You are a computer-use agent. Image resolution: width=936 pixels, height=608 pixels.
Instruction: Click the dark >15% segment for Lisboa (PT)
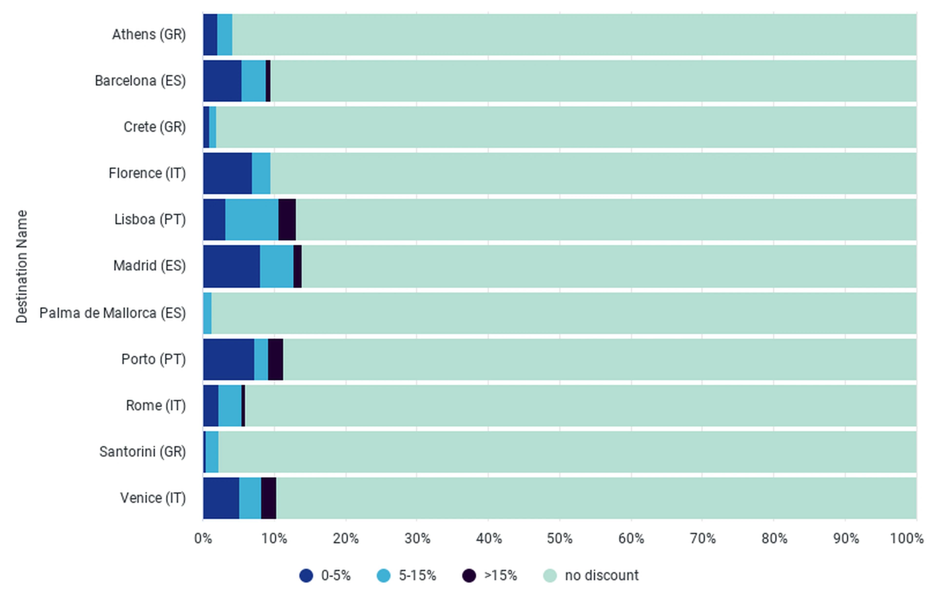(x=287, y=219)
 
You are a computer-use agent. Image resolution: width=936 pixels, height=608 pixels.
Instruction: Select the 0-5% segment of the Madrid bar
(x=232, y=266)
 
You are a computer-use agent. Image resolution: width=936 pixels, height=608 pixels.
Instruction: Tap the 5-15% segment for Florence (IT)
(x=261, y=173)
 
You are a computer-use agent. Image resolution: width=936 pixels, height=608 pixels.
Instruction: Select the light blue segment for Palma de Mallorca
(x=207, y=313)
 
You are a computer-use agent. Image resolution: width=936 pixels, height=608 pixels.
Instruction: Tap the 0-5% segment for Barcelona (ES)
(x=222, y=81)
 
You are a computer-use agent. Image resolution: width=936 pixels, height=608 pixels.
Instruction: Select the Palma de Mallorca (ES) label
(x=112, y=313)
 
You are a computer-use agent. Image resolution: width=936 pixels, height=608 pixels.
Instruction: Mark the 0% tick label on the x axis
(x=203, y=538)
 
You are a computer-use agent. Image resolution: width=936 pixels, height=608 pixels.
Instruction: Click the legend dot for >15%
(x=469, y=575)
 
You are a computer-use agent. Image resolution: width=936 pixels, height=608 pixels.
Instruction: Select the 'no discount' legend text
(x=602, y=575)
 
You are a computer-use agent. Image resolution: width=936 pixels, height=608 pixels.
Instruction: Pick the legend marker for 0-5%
(x=306, y=575)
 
